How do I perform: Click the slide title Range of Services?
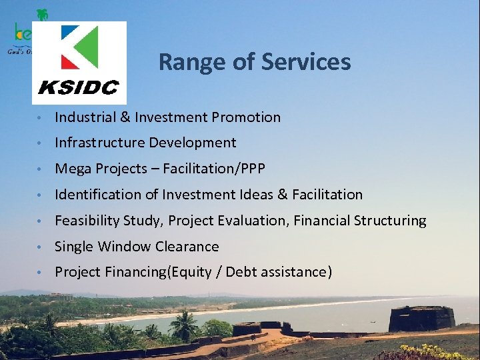254,62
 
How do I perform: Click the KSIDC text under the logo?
78,87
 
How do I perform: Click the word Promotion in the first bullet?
246,117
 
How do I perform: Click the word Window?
125,247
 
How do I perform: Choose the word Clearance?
187,247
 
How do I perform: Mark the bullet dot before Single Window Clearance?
41,247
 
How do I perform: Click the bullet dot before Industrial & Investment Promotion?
41,118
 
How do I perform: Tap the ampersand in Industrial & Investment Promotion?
125,117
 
